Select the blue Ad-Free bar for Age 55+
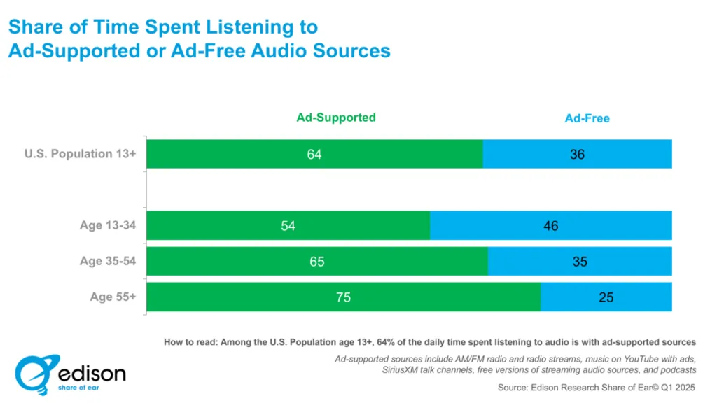click(606, 297)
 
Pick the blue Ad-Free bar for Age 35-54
click(580, 262)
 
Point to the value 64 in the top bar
click(314, 154)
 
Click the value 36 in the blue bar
click(577, 154)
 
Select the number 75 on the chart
click(342, 297)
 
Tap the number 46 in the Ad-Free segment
click(551, 226)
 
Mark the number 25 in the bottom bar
click(606, 297)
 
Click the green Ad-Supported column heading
click(335, 118)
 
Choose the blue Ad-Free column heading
click(587, 118)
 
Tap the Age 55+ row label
click(113, 297)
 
